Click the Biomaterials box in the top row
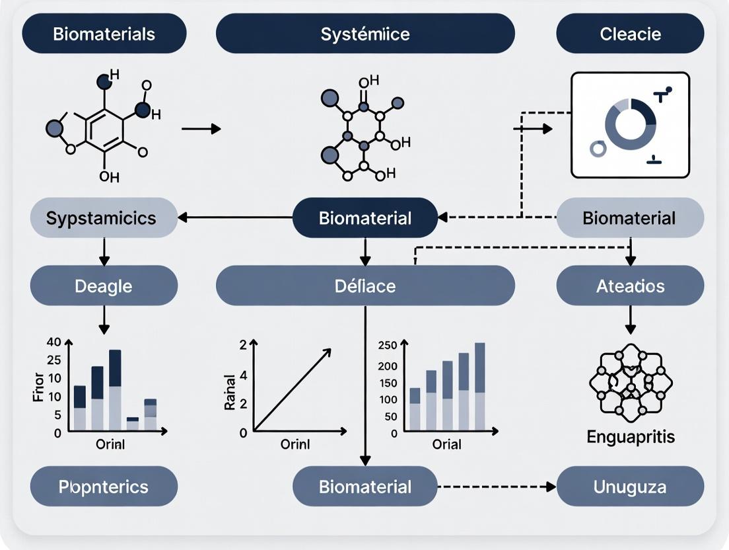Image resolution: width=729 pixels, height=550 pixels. point(104,34)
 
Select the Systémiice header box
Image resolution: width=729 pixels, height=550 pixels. point(365,34)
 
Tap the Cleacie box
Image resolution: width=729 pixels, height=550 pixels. point(630,34)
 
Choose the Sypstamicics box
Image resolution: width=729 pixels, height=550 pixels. point(104,218)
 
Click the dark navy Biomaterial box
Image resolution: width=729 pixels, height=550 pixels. point(365,218)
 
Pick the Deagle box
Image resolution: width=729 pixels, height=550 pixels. point(104,286)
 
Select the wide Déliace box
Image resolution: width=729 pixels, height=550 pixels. point(365,286)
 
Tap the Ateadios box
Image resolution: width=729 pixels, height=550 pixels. point(630,286)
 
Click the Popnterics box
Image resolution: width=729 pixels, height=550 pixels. point(104,487)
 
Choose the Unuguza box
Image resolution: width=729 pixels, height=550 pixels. point(630,487)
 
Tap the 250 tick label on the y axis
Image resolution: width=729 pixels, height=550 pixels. point(388,346)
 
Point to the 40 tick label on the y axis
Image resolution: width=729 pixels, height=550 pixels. point(53,342)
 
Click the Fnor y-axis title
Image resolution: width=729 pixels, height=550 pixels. point(38,388)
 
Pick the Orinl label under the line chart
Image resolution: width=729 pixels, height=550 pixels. point(295,444)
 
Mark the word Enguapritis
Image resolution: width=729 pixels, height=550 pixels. point(631,437)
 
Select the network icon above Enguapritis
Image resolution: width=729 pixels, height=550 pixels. point(630,383)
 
